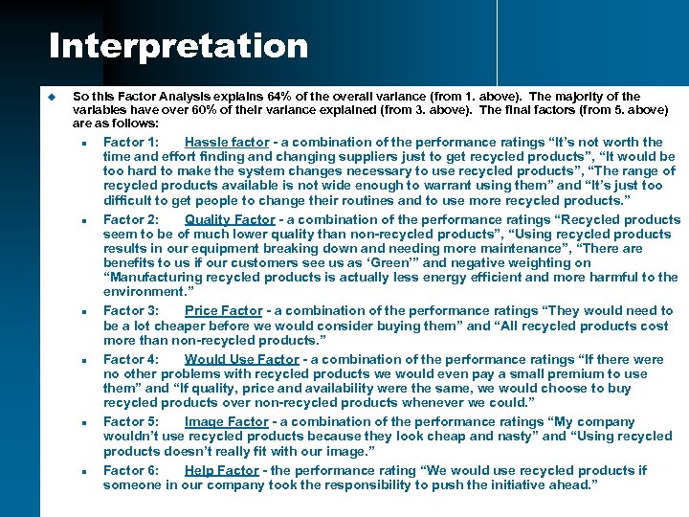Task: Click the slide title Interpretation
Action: [178, 45]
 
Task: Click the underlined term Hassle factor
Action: [227, 143]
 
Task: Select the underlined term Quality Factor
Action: [230, 219]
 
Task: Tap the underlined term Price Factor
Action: [222, 310]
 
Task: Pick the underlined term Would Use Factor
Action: [242, 359]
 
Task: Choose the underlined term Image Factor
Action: [227, 421]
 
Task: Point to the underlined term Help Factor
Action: [222, 470]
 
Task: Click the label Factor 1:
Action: [131, 143]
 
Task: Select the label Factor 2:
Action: [131, 219]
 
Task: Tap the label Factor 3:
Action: [131, 310]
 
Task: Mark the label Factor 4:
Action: [131, 359]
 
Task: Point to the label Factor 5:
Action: [131, 421]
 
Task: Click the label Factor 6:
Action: [131, 470]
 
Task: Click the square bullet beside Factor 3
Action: [85, 312]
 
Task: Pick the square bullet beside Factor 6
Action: [85, 472]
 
